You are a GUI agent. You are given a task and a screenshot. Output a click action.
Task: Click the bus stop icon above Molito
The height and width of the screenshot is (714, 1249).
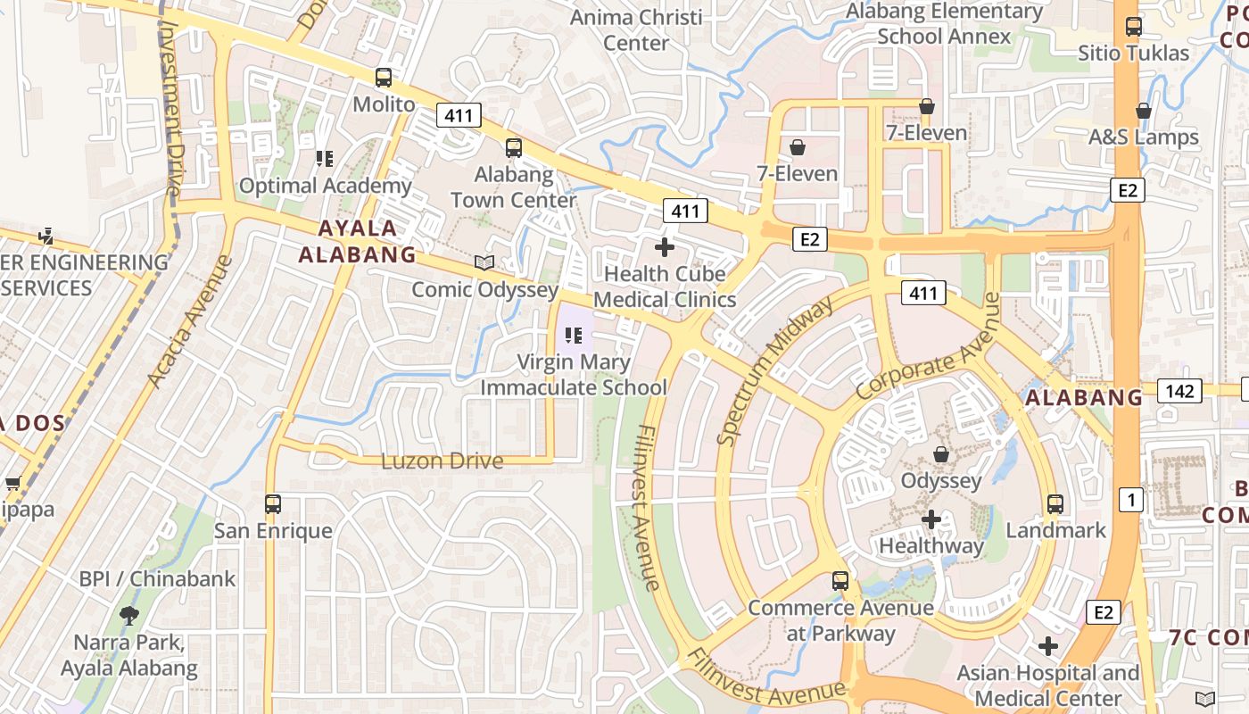click(x=384, y=78)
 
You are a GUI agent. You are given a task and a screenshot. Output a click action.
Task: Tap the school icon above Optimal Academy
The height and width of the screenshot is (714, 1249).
click(x=325, y=159)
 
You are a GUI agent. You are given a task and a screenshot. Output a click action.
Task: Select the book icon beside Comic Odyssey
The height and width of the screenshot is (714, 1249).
click(x=484, y=262)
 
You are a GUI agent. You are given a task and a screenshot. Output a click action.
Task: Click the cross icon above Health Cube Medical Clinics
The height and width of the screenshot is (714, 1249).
click(x=665, y=247)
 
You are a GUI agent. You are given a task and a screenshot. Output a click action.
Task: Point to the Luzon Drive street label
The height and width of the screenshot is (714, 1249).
click(x=442, y=461)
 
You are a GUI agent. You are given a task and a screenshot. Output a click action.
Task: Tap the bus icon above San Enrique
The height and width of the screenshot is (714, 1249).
click(x=273, y=504)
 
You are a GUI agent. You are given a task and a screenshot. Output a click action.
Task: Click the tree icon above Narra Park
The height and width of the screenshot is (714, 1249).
click(x=129, y=615)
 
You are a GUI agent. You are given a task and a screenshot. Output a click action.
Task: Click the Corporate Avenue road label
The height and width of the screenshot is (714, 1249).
click(x=929, y=346)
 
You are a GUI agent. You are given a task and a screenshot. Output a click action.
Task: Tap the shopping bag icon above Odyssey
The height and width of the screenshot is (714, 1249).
click(x=940, y=454)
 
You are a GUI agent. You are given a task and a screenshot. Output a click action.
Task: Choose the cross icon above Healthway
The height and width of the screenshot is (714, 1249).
click(x=931, y=519)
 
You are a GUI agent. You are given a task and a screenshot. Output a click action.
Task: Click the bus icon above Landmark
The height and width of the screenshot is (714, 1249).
click(x=1055, y=504)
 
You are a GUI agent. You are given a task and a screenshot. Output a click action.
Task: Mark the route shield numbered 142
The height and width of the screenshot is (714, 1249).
click(x=1179, y=390)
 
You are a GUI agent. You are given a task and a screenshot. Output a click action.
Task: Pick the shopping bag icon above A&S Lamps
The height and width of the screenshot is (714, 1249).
click(x=1143, y=111)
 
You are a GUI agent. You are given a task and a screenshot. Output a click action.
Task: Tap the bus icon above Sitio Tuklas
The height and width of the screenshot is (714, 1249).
click(x=1134, y=27)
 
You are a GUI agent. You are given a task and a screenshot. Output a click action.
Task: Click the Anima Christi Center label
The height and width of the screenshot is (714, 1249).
click(x=636, y=29)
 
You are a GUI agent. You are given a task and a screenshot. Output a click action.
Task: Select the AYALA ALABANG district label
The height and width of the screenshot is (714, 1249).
click(x=358, y=241)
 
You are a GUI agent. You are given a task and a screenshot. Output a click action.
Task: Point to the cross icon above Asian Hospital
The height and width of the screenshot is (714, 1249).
click(x=1048, y=645)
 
